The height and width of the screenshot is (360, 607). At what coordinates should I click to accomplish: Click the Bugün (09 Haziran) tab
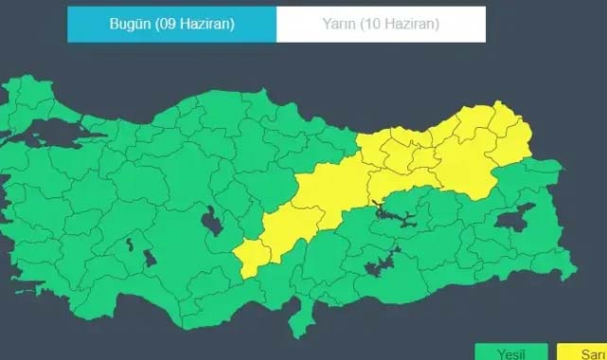coord(171,25)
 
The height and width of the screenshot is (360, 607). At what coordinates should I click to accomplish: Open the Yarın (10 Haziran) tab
coord(381,25)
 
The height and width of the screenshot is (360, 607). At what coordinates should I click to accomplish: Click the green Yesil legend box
coord(511,351)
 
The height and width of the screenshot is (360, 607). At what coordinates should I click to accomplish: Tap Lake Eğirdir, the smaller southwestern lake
coord(128,244)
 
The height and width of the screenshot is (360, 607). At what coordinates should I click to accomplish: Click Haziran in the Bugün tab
coord(203,25)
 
